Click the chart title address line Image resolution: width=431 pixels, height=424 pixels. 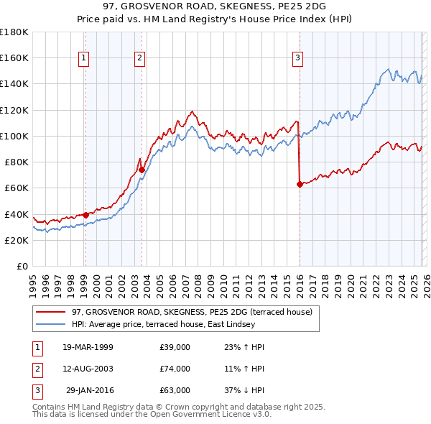[215, 6]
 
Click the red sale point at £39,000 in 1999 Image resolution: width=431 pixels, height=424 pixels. [85, 214]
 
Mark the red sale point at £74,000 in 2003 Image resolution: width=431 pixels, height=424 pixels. [142, 170]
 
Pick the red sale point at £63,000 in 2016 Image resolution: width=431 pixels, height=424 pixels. [300, 184]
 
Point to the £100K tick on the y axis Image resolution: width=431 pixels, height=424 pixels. [14, 136]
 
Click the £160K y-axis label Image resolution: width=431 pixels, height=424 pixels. [14, 57]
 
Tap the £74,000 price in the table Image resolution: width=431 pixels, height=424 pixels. [175, 369]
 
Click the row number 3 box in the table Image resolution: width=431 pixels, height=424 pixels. [36, 390]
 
